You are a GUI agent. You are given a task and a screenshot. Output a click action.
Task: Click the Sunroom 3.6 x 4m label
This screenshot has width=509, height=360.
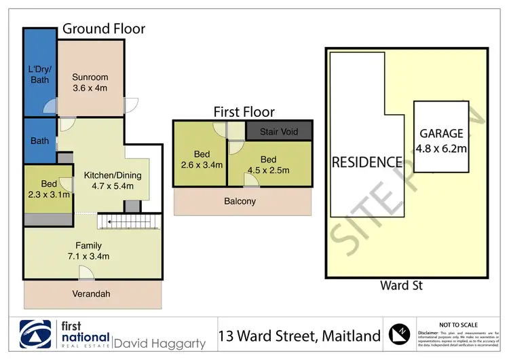[x=90, y=83]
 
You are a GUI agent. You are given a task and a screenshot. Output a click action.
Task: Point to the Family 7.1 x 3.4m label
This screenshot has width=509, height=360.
[x=88, y=251]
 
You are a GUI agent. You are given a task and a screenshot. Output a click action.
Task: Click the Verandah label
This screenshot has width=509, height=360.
[x=91, y=293]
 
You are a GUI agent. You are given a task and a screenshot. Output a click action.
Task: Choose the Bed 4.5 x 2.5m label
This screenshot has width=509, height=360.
[x=269, y=164]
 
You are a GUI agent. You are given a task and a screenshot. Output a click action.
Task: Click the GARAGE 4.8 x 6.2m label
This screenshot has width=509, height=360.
[x=440, y=140]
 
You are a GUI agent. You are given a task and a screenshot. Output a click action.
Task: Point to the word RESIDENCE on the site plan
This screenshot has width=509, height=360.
[x=366, y=162]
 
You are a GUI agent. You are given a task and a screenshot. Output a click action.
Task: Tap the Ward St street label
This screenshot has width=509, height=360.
[x=402, y=286]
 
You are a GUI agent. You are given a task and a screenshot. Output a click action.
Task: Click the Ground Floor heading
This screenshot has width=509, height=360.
[x=104, y=29]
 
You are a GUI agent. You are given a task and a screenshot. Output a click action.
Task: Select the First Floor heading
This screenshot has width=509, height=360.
[x=244, y=112]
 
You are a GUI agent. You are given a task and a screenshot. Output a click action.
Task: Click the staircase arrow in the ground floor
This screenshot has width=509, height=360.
[x=129, y=221]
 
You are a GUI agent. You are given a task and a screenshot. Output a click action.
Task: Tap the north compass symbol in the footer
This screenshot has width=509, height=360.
[x=399, y=335]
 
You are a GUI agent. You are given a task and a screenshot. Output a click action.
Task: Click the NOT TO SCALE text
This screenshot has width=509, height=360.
[x=459, y=325]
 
